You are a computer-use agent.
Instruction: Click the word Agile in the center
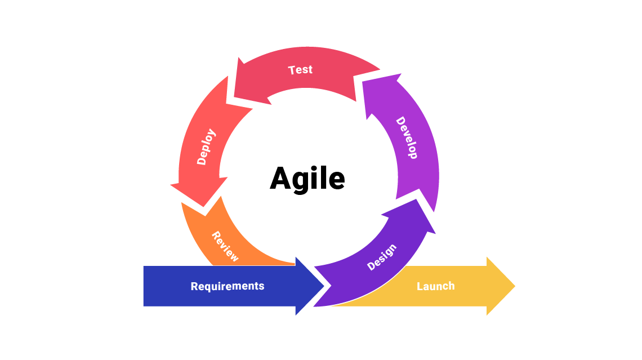click(x=307, y=179)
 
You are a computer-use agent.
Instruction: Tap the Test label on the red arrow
click(x=300, y=70)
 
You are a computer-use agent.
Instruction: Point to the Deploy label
click(x=206, y=146)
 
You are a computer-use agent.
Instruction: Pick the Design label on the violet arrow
click(x=382, y=257)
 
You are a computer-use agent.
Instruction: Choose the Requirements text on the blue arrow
click(x=227, y=286)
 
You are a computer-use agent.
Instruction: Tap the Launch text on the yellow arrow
click(x=435, y=286)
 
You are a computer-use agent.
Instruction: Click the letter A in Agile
click(x=281, y=179)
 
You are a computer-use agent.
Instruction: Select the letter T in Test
click(x=292, y=70)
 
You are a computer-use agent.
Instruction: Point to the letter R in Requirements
click(x=194, y=286)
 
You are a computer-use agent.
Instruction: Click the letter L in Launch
click(x=420, y=286)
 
